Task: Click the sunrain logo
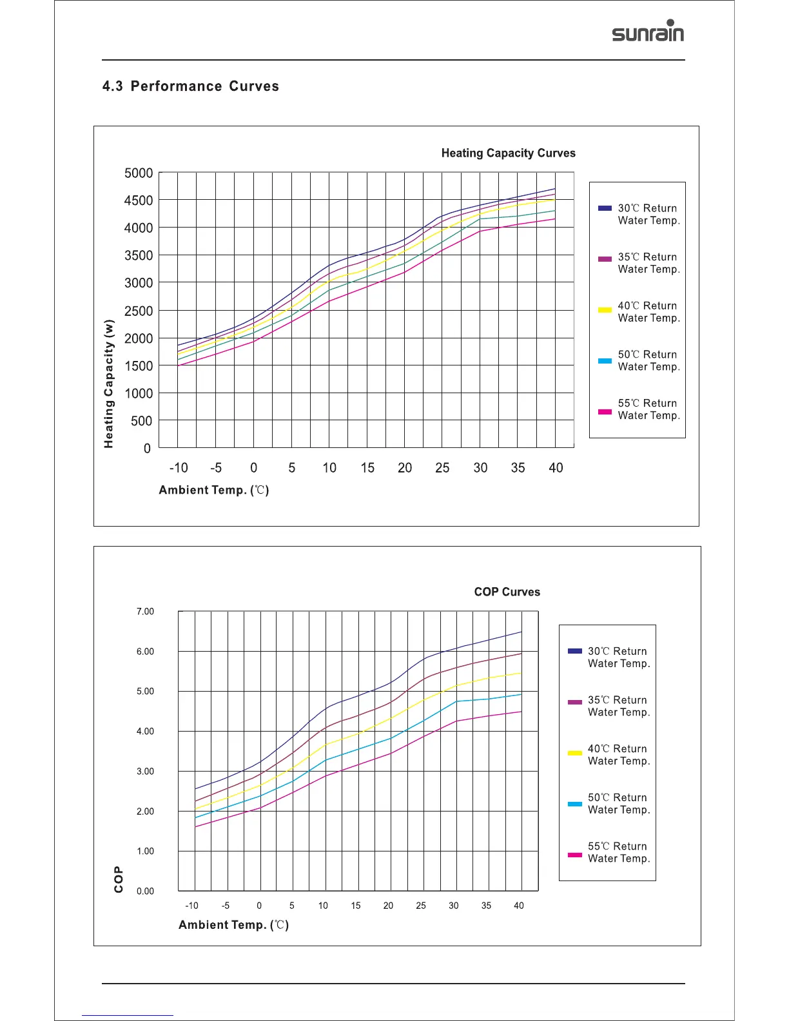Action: click(x=648, y=32)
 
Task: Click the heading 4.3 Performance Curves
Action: click(x=190, y=86)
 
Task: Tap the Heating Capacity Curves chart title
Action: click(x=508, y=153)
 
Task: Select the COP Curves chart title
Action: click(x=507, y=592)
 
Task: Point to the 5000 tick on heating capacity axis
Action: click(x=139, y=173)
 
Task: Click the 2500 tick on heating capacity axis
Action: click(x=139, y=311)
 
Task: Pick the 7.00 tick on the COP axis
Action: click(x=145, y=612)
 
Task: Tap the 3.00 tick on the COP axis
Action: click(x=145, y=772)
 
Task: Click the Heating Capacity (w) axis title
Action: click(x=109, y=384)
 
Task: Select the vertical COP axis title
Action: click(x=119, y=879)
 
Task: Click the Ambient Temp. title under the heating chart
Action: click(x=213, y=491)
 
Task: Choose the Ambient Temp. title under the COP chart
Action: click(x=233, y=925)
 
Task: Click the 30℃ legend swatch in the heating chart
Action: click(x=605, y=208)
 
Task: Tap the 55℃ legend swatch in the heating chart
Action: click(x=605, y=412)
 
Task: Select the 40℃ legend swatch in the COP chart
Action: click(x=575, y=753)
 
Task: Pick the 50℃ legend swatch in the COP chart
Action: click(x=575, y=804)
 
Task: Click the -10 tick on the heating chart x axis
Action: click(x=179, y=468)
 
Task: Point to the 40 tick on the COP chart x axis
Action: click(x=519, y=906)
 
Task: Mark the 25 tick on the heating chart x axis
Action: click(x=442, y=468)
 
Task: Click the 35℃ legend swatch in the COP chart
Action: click(x=575, y=702)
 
